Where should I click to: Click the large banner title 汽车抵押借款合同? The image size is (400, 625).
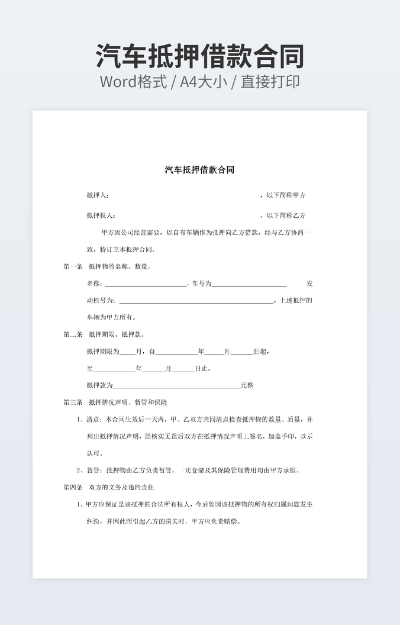click(x=200, y=57)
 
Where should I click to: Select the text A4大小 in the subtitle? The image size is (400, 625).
click(x=204, y=82)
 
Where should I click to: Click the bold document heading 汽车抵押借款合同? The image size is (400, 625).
click(x=199, y=170)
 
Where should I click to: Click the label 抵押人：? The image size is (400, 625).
click(x=98, y=195)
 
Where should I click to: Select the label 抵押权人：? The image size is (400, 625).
click(x=101, y=215)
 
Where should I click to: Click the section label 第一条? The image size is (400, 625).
click(x=73, y=266)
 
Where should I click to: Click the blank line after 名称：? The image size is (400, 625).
click(x=145, y=285)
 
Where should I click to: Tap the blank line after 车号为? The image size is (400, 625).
click(x=249, y=285)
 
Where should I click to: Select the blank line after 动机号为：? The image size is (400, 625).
click(x=196, y=301)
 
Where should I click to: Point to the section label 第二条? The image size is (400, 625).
click(x=73, y=334)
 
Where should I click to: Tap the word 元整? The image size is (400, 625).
click(x=247, y=385)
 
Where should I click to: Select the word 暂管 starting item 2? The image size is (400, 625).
click(x=94, y=471)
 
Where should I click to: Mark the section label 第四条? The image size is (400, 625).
click(x=73, y=488)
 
